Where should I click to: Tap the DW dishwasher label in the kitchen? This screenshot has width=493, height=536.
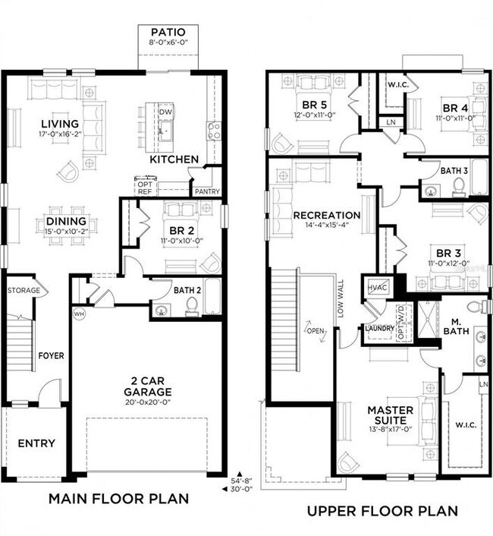(x=165, y=112)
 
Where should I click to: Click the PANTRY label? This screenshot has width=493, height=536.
(x=206, y=192)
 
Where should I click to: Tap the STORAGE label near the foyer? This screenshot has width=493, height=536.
(x=22, y=290)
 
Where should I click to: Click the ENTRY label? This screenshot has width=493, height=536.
(x=36, y=443)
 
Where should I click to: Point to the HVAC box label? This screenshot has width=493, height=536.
(x=378, y=288)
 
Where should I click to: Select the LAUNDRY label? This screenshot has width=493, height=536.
(x=379, y=328)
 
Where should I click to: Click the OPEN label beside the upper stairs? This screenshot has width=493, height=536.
(x=314, y=330)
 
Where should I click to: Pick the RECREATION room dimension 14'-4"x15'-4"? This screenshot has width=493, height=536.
(x=326, y=227)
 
